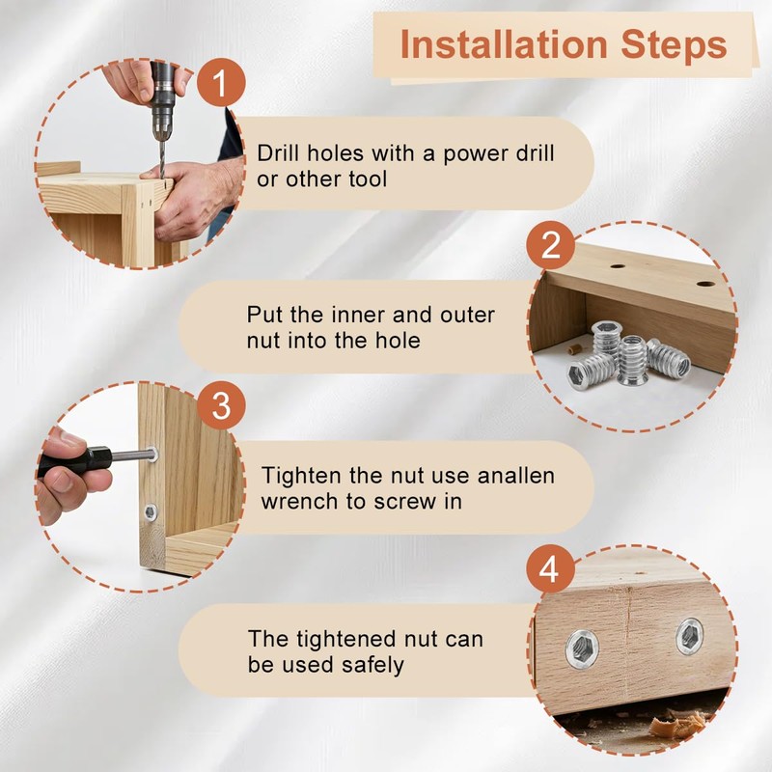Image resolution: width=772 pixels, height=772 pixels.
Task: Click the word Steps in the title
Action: coord(674,44)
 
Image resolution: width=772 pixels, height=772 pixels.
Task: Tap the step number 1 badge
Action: coord(221,82)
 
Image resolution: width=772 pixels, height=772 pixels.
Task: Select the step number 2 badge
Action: coord(550,245)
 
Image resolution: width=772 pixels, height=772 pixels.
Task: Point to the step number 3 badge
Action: coord(221,405)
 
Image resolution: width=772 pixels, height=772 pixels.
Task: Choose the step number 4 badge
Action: coord(550,569)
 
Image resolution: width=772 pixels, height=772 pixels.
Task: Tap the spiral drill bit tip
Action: coord(161,176)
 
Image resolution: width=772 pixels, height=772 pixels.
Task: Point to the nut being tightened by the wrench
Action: coord(152,454)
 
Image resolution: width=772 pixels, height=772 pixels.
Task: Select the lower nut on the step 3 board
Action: coord(151,512)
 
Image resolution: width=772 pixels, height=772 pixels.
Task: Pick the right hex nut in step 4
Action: coord(689,638)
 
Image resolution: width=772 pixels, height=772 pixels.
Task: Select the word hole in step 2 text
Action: coord(398,341)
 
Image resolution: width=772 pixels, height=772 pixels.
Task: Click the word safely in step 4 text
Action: coord(372,665)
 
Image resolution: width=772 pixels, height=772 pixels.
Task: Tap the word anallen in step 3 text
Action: coord(516,476)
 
